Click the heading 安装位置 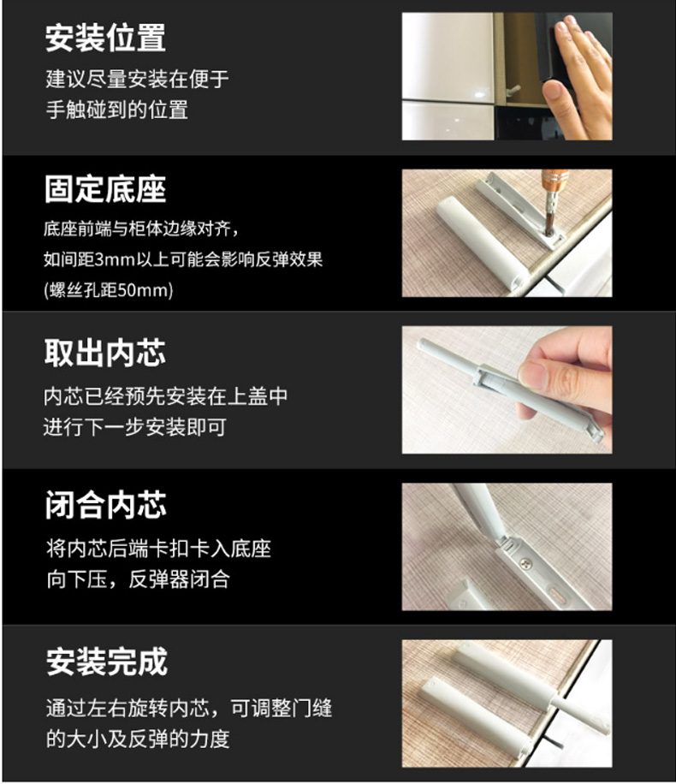pos(105,38)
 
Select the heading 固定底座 pos(105,189)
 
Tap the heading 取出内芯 pos(105,353)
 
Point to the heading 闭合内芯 pos(105,504)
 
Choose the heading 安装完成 pos(106,662)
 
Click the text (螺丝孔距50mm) pos(109,290)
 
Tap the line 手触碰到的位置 pos(117,110)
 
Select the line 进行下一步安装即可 pos(135,427)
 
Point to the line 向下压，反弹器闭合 pos(138,579)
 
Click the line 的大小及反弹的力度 pos(138,739)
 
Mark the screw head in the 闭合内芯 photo pos(526,563)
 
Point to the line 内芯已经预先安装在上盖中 pos(166,396)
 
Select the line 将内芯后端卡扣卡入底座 pos(158,549)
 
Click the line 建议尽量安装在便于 pos(138,79)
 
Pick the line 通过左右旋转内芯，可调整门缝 pos(189,708)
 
